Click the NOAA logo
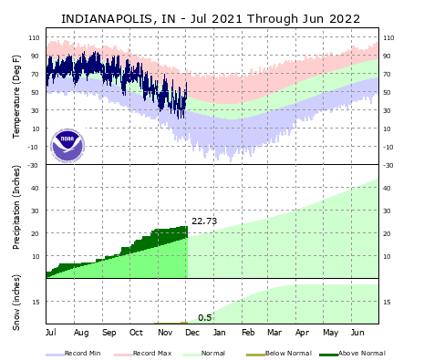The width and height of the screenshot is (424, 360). tap(67, 145)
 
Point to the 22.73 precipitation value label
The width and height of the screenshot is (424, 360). tap(204, 221)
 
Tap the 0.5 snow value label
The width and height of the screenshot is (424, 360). tap(205, 317)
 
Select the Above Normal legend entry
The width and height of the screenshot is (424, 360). tap(353, 353)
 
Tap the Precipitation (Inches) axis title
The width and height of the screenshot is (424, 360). tap(16, 221)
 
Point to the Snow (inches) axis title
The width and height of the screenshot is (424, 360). tap(16, 301)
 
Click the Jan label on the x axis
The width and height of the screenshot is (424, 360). tap(220, 333)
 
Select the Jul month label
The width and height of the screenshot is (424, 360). tap(51, 333)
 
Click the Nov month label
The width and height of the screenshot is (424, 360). tap(164, 333)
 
